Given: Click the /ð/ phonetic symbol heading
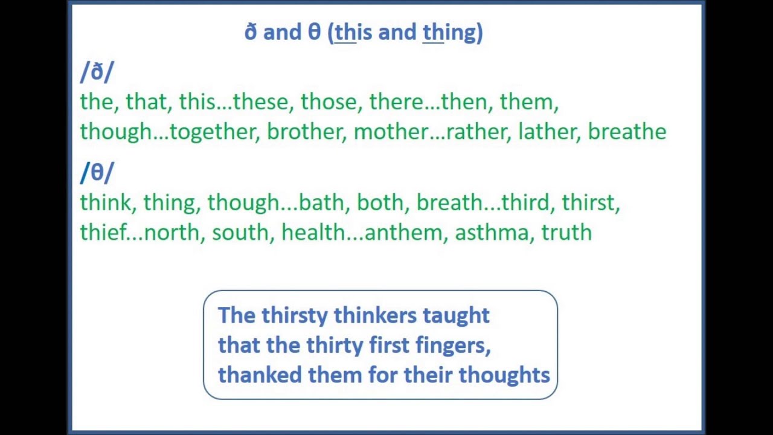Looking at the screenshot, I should click(x=97, y=72).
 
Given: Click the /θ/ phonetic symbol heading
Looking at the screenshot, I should click(x=97, y=173).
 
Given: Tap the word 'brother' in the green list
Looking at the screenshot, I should click(x=305, y=132).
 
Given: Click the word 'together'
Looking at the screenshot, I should click(x=213, y=132).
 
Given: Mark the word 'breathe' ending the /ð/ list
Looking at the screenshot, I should click(x=627, y=132).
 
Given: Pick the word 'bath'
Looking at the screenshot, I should click(x=321, y=202).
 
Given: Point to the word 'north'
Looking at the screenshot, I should click(x=172, y=233).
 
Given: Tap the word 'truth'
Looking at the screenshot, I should click(x=566, y=233).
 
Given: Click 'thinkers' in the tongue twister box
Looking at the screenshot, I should click(x=375, y=315).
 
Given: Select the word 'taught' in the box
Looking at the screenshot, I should click(x=456, y=315).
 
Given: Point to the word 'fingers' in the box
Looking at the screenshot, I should click(x=452, y=346).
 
